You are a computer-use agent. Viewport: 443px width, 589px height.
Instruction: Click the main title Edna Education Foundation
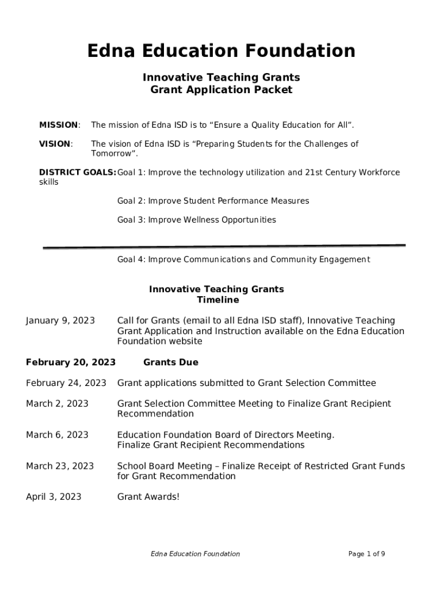pos(221,51)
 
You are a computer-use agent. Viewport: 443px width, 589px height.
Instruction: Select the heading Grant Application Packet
pos(221,90)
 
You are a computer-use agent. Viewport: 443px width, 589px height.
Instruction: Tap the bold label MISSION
pos(59,125)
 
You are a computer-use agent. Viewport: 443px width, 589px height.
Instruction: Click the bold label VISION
pos(55,144)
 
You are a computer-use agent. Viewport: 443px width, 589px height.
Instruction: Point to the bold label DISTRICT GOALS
pos(77,173)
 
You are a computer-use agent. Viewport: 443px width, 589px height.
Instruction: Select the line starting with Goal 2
pos(213,201)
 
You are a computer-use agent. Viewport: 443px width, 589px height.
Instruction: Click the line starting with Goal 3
pos(196,220)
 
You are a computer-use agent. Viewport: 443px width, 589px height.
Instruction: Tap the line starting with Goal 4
pos(243,259)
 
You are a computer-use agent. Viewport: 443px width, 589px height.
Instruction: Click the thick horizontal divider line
pos(224,247)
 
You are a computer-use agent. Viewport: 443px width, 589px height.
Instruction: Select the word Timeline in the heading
pos(217,300)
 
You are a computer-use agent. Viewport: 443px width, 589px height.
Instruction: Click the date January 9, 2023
pos(60,320)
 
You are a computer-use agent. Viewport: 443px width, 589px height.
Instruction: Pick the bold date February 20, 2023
pos(71,362)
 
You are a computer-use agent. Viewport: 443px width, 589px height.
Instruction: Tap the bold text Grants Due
pos(170,362)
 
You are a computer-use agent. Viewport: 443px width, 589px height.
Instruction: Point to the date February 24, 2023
pos(66,383)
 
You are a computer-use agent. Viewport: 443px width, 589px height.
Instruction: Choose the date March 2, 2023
pos(57,403)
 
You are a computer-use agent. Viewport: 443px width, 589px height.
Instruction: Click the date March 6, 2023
pos(57,434)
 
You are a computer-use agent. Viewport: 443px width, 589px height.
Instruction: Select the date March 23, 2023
pos(60,465)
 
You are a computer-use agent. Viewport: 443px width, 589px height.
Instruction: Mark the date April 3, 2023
pos(54,496)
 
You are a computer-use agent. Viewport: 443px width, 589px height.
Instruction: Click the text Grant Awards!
pos(148,496)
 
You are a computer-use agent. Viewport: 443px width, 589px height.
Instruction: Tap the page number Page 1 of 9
pos(366,554)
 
